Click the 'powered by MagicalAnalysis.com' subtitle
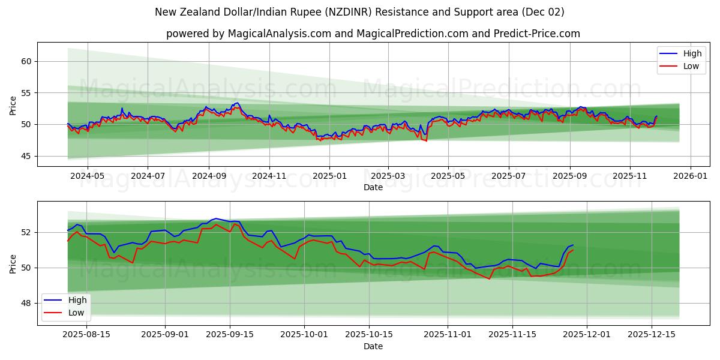coord(373,34)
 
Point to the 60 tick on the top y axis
coord(26,61)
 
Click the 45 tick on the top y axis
coord(26,156)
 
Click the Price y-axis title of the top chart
coord(13,105)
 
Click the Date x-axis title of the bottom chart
coord(373,346)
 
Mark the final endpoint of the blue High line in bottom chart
coord(573,245)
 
